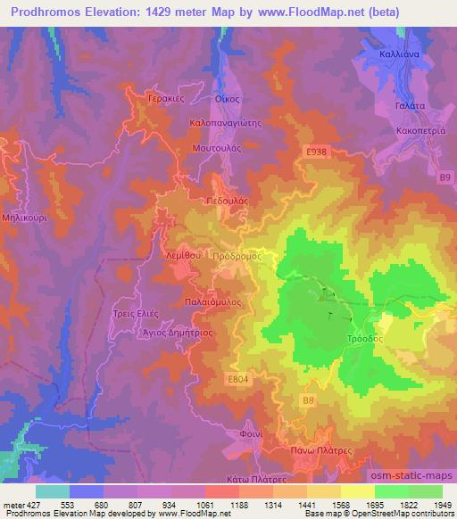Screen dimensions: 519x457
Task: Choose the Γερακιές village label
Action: coord(166,99)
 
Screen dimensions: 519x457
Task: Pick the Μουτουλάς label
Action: coord(217,147)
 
